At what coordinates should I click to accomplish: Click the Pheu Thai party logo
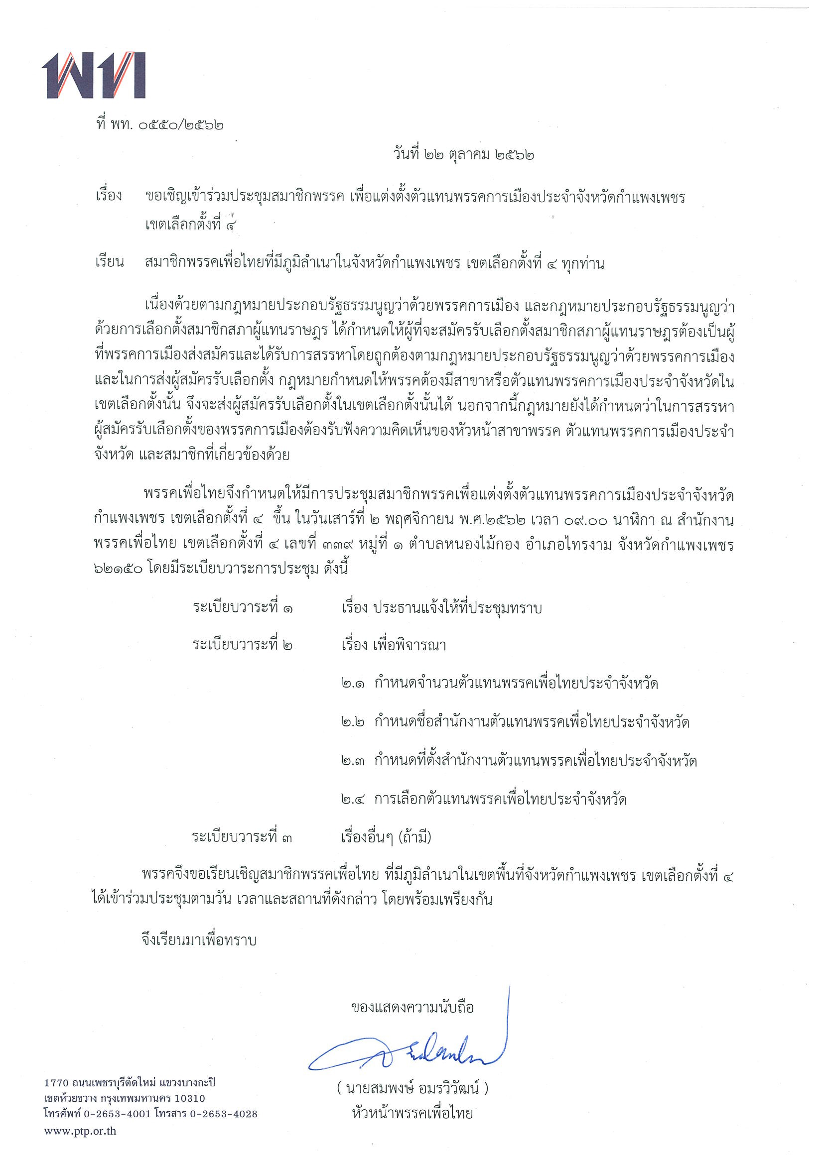point(95,75)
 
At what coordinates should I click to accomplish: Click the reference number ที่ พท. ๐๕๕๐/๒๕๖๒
point(160,124)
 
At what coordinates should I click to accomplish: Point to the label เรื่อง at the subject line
point(109,196)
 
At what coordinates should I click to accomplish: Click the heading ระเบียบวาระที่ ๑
point(243,607)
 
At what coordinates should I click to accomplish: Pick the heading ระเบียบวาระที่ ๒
point(243,645)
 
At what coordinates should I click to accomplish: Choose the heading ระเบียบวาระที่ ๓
point(242,837)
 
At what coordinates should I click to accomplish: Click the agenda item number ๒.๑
point(352,684)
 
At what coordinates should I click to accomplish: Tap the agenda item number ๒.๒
point(352,722)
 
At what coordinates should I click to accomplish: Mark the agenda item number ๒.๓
point(352,761)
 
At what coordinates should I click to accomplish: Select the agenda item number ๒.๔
point(352,799)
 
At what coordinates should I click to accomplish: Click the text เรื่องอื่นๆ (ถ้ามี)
point(386,837)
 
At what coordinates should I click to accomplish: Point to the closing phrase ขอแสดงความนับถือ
point(412,1007)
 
